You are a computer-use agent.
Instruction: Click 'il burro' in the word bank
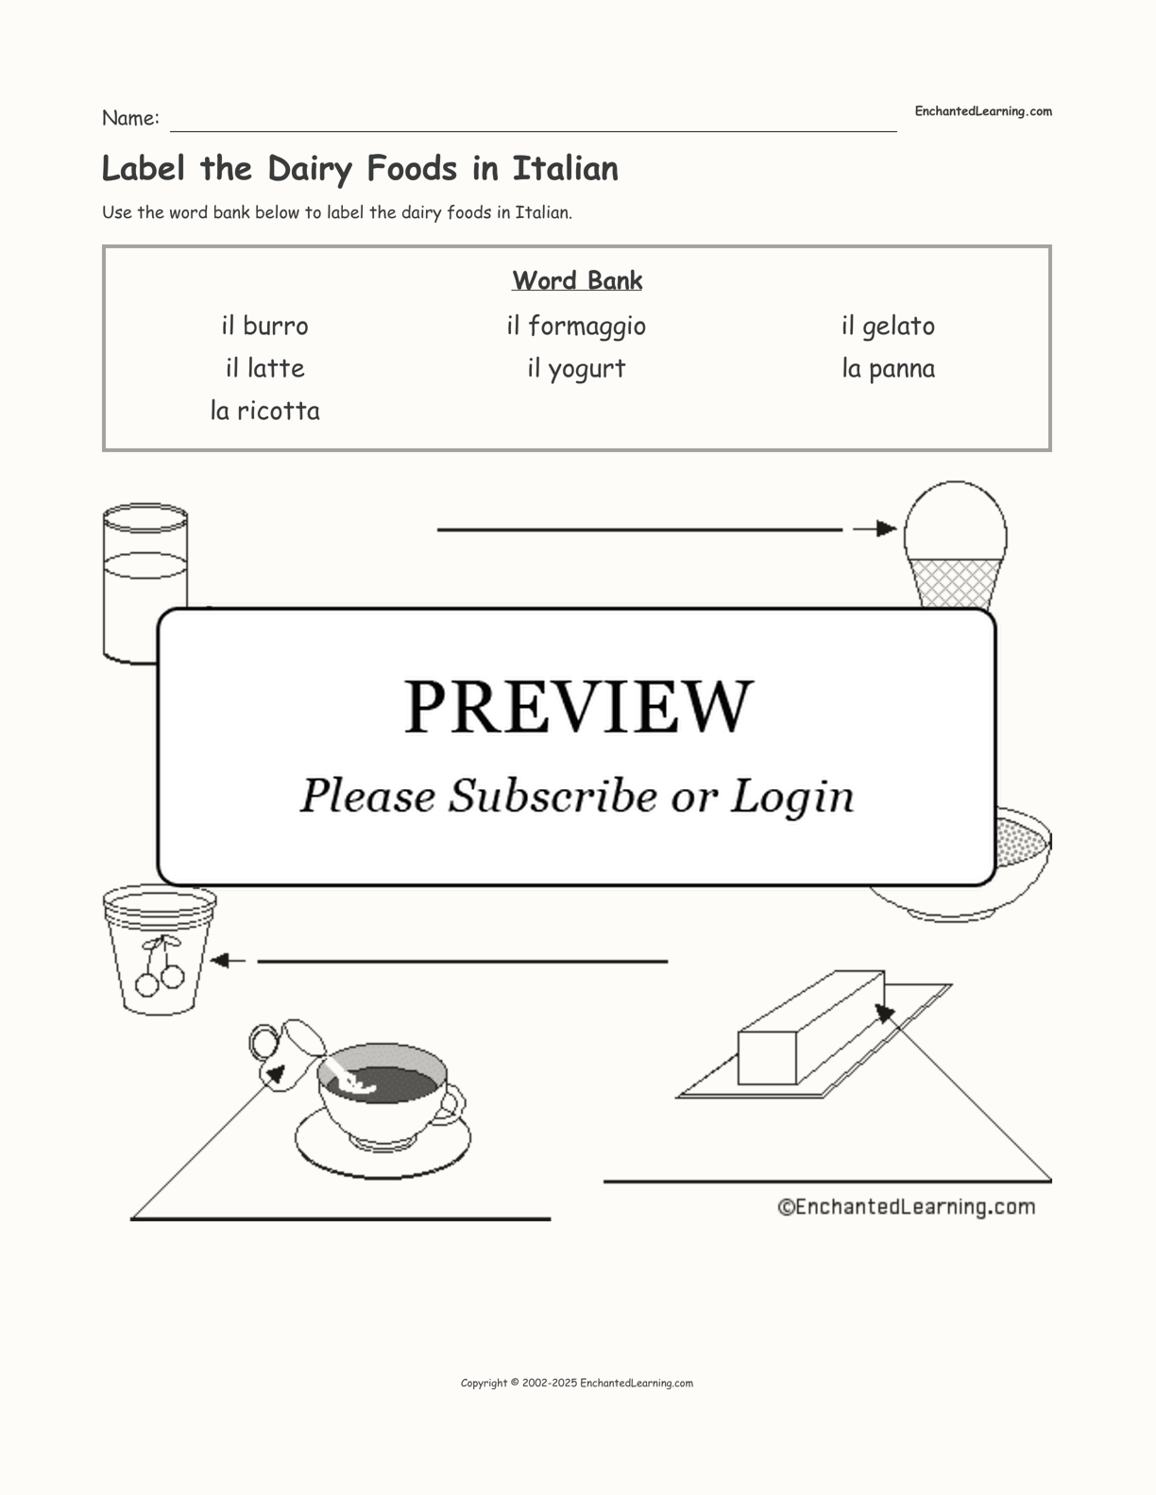[x=264, y=326]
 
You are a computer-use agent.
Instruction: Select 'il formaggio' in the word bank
[x=576, y=327]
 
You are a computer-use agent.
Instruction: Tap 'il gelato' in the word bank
[x=888, y=327]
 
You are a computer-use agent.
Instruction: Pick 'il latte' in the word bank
[x=265, y=368]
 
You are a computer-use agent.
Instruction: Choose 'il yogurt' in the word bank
[x=576, y=369]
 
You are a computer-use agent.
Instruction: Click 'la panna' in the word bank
[x=888, y=369]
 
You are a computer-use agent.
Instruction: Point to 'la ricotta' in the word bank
[x=265, y=411]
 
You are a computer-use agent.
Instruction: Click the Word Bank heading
[x=577, y=280]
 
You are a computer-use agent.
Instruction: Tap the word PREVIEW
[x=578, y=707]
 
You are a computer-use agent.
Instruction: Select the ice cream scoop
[x=956, y=522]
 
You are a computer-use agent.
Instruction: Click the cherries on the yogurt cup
[x=160, y=966]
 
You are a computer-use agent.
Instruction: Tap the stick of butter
[x=811, y=1028]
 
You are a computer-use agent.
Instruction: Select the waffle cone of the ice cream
[x=954, y=582]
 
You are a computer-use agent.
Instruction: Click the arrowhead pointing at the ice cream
[x=886, y=529]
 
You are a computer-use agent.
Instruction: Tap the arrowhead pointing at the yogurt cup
[x=219, y=961]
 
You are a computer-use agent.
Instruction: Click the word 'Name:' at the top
[x=130, y=118]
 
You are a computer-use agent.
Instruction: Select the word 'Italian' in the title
[x=566, y=169]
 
